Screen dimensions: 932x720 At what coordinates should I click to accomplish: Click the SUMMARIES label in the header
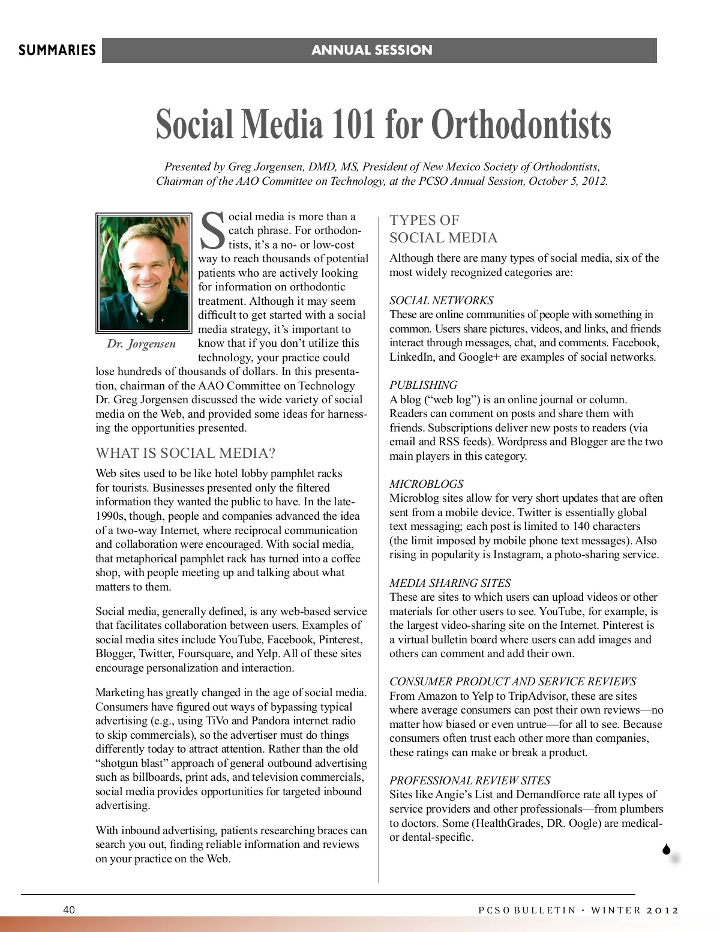tap(57, 50)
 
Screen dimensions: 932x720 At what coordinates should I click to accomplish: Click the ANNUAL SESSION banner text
tap(371, 50)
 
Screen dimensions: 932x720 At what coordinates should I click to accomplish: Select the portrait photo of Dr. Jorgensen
tap(143, 272)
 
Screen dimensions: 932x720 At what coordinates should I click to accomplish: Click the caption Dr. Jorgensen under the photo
tap(142, 344)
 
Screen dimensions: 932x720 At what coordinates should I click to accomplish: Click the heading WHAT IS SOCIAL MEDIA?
tap(185, 453)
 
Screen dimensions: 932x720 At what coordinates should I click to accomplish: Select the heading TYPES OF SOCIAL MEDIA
tap(443, 229)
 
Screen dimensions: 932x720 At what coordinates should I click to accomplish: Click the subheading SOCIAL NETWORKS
tap(441, 300)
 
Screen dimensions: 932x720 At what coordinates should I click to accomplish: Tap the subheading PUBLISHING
tap(423, 385)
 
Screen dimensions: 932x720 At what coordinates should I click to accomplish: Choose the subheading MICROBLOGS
tap(426, 484)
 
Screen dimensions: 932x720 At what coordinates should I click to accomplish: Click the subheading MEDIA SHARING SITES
tap(450, 583)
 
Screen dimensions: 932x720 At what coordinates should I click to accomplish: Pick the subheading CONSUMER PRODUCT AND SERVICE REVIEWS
tap(512, 682)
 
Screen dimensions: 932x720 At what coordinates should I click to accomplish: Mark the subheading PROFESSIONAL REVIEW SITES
tap(469, 780)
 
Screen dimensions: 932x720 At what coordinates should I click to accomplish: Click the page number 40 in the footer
tap(69, 910)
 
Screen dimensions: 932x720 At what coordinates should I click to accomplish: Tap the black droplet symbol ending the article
tap(666, 849)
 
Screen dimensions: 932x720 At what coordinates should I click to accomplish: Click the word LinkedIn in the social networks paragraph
tap(412, 357)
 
